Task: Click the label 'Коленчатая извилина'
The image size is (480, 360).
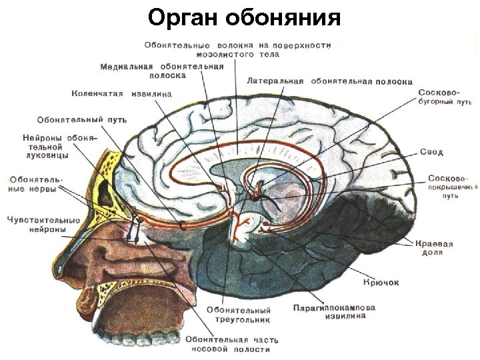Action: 121,93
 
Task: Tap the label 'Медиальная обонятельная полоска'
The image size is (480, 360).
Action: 163,70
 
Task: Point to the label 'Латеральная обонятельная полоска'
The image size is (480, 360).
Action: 329,81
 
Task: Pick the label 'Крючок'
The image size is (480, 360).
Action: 381,283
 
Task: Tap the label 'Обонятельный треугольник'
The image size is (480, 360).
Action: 238,315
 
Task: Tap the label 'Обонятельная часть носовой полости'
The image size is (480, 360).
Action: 228,343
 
